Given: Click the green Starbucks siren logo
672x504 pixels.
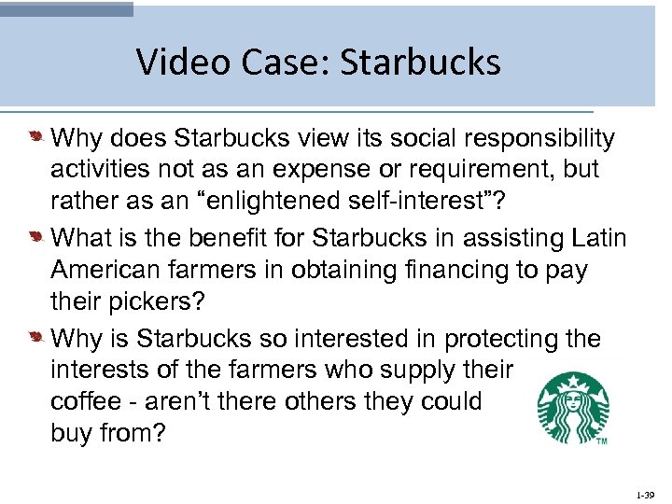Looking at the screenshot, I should point(571,408).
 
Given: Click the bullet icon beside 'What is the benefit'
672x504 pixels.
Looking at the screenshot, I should point(35,239).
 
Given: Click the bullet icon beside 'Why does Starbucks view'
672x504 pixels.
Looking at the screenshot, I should point(35,139).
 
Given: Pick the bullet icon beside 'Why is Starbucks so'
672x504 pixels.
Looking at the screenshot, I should point(35,338).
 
